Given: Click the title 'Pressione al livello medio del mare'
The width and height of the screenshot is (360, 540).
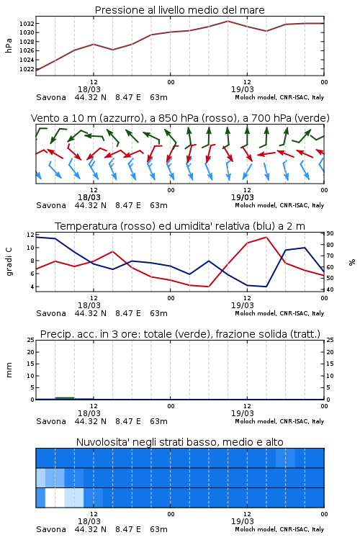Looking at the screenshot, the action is pyautogui.click(x=179, y=10).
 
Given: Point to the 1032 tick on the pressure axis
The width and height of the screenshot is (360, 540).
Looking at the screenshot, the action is pyautogui.click(x=27, y=24).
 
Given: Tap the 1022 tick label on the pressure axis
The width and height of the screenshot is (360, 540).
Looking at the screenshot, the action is pyautogui.click(x=27, y=69).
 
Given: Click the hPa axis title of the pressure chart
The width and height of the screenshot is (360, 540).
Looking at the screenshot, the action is pyautogui.click(x=9, y=45).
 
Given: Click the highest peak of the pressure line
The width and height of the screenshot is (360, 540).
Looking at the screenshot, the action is pyautogui.click(x=228, y=21).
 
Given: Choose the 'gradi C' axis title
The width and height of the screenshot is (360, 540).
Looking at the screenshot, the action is pyautogui.click(x=9, y=261).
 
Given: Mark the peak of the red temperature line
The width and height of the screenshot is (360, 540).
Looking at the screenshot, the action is pyautogui.click(x=266, y=237).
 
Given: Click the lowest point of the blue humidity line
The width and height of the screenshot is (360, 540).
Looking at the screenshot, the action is pyautogui.click(x=266, y=287).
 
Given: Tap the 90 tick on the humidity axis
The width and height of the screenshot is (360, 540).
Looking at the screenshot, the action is pyautogui.click(x=330, y=233).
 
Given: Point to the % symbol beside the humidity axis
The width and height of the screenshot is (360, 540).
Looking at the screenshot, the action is pyautogui.click(x=352, y=262).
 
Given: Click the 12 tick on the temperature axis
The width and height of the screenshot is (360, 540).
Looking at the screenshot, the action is pyautogui.click(x=30, y=235).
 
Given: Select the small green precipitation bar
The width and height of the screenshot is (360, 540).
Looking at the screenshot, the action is pyautogui.click(x=65, y=398).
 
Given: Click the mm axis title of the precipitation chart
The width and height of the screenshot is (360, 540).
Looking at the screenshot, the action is pyautogui.click(x=9, y=369).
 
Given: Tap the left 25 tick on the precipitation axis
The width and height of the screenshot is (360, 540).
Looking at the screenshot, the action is pyautogui.click(x=31, y=340).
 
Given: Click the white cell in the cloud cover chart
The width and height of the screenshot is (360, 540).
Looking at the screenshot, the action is pyautogui.click(x=55, y=498).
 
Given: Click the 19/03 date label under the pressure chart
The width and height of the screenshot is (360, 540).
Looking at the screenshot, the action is pyautogui.click(x=243, y=89).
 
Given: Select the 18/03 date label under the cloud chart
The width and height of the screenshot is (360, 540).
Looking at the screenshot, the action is pyautogui.click(x=89, y=521).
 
